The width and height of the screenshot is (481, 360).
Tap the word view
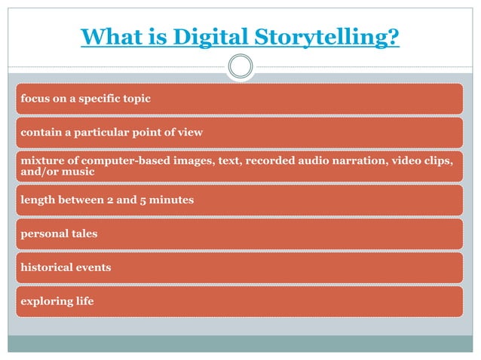tap(189, 133)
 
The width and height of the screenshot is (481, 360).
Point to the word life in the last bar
tap(85, 301)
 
